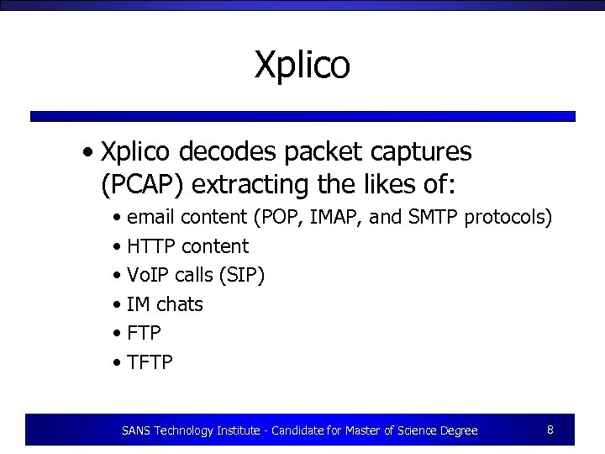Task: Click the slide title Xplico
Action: point(302,66)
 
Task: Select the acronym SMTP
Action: point(430,218)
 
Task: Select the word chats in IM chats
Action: point(180,304)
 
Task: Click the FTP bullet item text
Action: point(144,333)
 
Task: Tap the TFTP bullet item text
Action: point(150,362)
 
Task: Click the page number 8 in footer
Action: point(550,430)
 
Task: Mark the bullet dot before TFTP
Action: point(117,363)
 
